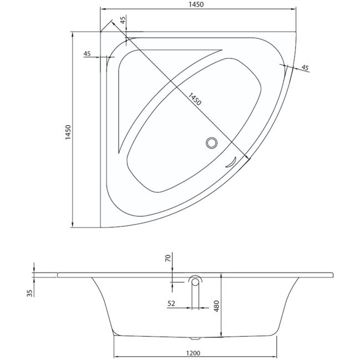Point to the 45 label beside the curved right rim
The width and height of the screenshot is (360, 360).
tap(305, 68)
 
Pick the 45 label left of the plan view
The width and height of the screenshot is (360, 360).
tap(87, 54)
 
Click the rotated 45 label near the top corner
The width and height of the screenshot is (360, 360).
tap(123, 21)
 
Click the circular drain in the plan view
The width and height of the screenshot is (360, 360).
tap(211, 143)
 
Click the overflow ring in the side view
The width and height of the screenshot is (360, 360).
tap(195, 281)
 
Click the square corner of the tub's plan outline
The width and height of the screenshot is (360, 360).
tap(101, 33)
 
